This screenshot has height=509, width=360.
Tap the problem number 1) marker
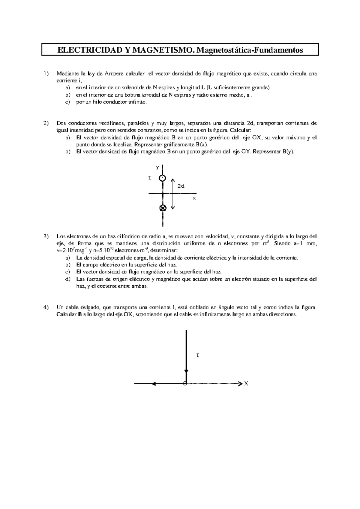(x=46, y=73)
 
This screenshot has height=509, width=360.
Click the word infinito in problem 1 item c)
(x=138, y=102)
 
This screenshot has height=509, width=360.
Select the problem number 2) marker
(x=46, y=123)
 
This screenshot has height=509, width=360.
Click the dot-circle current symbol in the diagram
(x=162, y=178)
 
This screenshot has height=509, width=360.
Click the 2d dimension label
(x=181, y=186)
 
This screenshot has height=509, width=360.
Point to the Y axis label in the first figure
(x=157, y=168)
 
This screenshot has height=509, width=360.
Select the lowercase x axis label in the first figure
(x=194, y=198)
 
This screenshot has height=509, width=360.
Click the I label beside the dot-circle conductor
(x=149, y=178)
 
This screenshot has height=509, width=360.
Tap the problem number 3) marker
(x=46, y=236)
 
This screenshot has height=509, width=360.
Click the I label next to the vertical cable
(x=198, y=356)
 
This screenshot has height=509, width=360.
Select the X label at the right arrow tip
(x=246, y=383)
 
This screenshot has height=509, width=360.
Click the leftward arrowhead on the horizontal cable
(x=154, y=383)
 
